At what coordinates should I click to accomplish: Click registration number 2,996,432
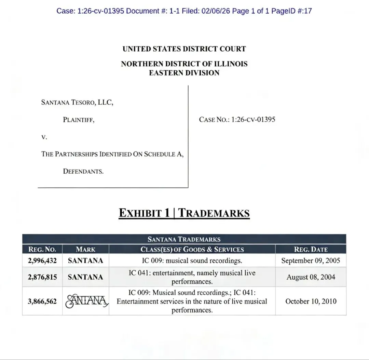tap(42, 261)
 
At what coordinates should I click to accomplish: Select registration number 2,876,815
tap(42, 277)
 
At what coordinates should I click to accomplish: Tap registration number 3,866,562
tap(42, 302)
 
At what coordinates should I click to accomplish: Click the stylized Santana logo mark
tap(86, 302)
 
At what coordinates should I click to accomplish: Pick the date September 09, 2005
tap(311, 261)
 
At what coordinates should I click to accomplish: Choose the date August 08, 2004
tap(311, 277)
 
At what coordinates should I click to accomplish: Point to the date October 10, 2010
tap(311, 302)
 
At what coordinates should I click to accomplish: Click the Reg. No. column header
tap(42, 249)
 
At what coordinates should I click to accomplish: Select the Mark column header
tap(85, 249)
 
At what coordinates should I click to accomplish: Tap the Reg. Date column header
tap(311, 249)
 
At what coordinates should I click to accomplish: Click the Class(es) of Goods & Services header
tap(192, 249)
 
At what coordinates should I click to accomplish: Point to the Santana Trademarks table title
tap(184, 239)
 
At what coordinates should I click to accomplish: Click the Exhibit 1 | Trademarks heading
tap(184, 213)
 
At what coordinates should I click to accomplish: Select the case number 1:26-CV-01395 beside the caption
tap(237, 120)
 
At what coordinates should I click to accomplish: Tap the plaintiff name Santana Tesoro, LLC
tap(77, 102)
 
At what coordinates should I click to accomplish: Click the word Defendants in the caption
tap(83, 171)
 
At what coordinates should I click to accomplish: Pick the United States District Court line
tap(184, 49)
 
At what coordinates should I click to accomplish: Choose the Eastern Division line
tap(184, 73)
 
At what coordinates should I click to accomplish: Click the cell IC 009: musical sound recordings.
tap(192, 261)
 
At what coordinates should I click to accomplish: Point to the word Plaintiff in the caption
tap(79, 120)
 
